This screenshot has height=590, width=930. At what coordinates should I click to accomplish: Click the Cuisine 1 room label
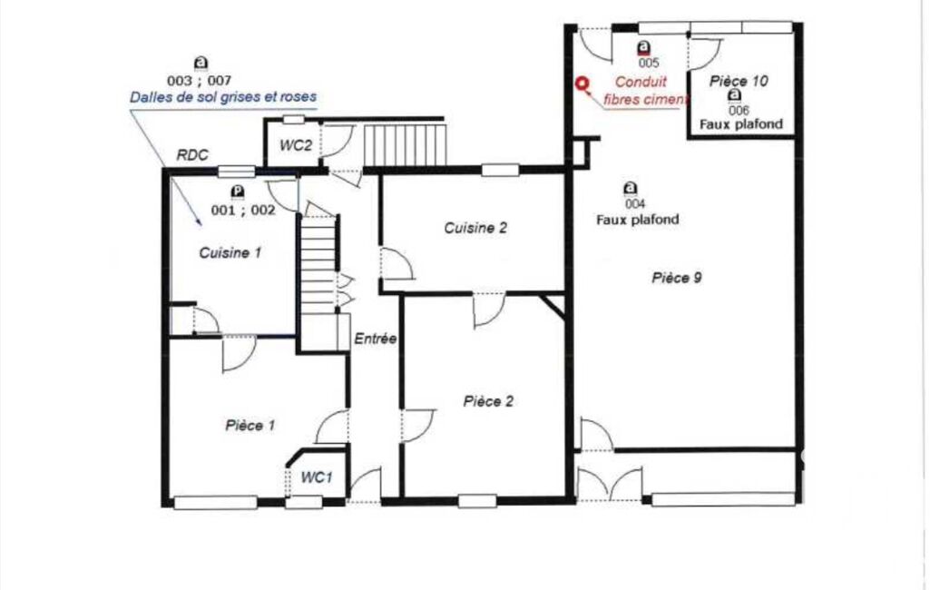230,253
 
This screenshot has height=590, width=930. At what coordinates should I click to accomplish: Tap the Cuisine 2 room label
475,228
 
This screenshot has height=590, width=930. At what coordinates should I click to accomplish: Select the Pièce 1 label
250,426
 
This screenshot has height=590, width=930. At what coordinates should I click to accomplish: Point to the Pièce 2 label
488,402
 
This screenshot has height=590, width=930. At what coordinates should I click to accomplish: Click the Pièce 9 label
677,278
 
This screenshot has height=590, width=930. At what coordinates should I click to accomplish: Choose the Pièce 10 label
739,81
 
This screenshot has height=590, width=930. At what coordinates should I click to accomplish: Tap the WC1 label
316,477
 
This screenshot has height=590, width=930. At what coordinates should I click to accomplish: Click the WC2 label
296,145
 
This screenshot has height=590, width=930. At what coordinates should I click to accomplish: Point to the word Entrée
376,339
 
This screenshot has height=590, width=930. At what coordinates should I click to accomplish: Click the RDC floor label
192,155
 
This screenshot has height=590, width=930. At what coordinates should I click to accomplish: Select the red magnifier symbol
583,86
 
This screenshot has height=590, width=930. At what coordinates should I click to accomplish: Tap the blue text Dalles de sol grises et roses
223,97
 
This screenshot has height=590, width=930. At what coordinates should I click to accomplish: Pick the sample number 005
649,63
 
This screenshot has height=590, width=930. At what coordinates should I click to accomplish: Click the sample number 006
739,111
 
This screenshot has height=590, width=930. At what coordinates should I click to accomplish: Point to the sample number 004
634,204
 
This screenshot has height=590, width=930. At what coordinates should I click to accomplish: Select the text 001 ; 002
243,210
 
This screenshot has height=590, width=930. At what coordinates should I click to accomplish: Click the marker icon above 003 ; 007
201,64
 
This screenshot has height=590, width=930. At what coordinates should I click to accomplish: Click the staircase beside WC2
404,145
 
